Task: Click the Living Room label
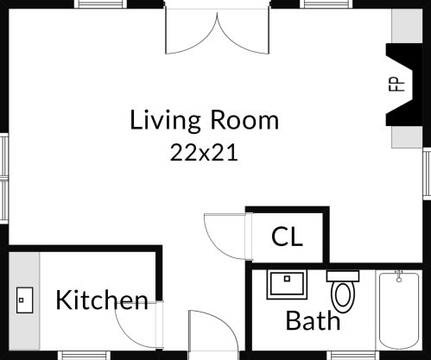pyautogui.click(x=205, y=120)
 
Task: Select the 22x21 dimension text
pyautogui.click(x=204, y=153)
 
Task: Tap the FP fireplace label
pyautogui.click(x=396, y=84)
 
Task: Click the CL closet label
pyautogui.click(x=287, y=237)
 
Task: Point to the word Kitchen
pyautogui.click(x=102, y=300)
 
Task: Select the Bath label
pyautogui.click(x=313, y=321)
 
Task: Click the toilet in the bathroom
pyautogui.click(x=343, y=290)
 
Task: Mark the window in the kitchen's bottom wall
pyautogui.click(x=84, y=355)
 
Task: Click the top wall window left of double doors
pyautogui.click(x=102, y=4)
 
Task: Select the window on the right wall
pyautogui.click(x=426, y=173)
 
